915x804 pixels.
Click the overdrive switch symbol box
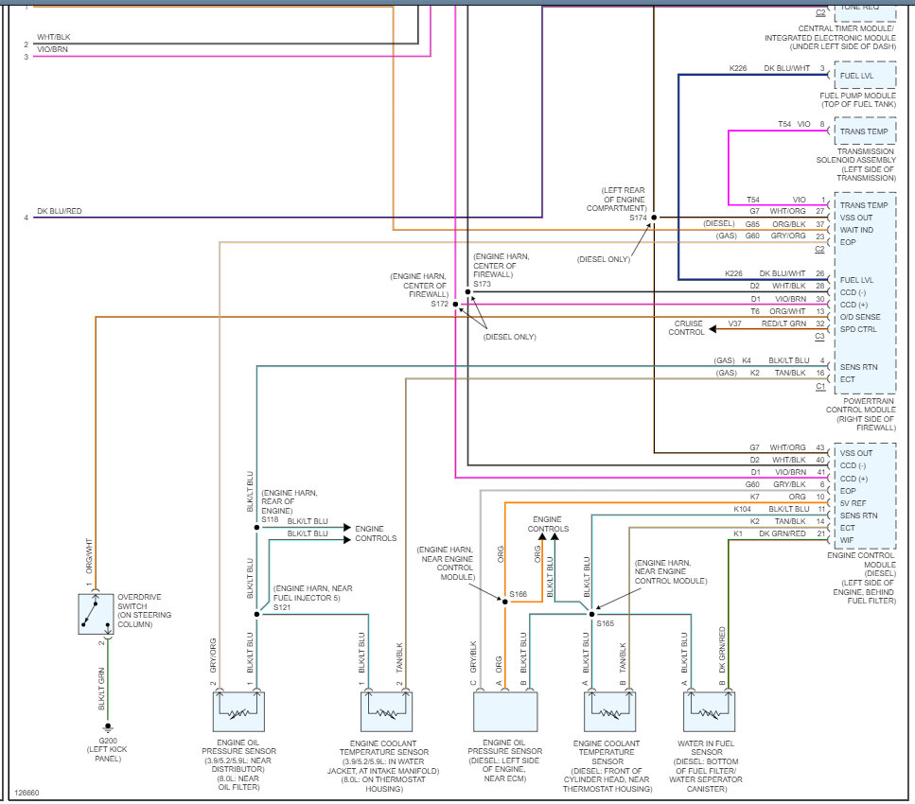pos(95,614)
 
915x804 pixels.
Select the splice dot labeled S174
pos(654,218)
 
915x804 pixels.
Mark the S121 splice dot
pos(256,614)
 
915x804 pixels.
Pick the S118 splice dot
pos(256,527)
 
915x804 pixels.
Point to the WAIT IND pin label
pos(856,230)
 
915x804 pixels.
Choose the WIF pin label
pos(849,539)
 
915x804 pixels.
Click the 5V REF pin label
pos(855,502)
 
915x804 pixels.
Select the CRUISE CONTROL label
pos(686,328)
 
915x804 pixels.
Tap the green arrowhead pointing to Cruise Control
pos(712,328)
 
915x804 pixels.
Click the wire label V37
pos(735,323)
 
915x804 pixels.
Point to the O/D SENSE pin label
pos(862,317)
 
